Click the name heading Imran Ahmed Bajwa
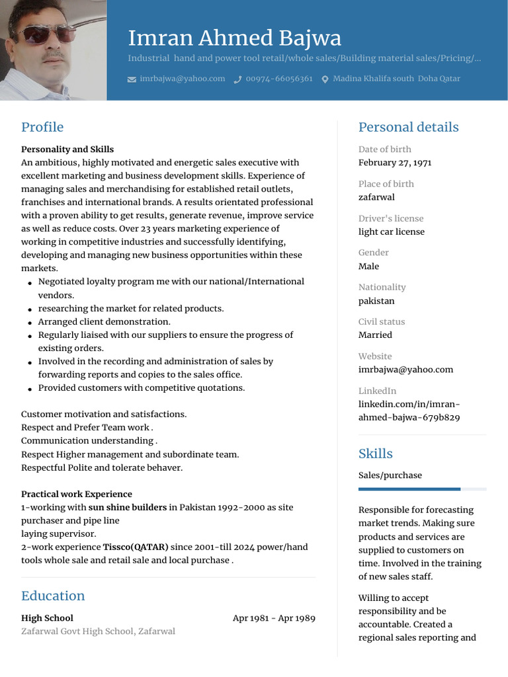coord(234,38)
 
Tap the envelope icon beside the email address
coord(131,79)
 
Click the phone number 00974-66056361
coord(278,79)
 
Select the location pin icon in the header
coord(325,79)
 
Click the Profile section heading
coord(42,127)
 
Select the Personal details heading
coord(408,127)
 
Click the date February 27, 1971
coord(395,163)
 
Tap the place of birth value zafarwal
coord(376,197)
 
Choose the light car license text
coord(392,231)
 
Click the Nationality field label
coord(382,287)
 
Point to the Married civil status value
coord(375,335)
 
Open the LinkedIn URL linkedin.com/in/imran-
coord(409,404)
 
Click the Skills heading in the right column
coord(375,454)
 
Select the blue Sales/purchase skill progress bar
coord(409,489)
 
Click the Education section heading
coord(53,596)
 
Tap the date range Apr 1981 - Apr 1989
coord(274,618)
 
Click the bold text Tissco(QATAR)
coord(136,547)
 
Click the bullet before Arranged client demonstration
coord(30,323)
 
